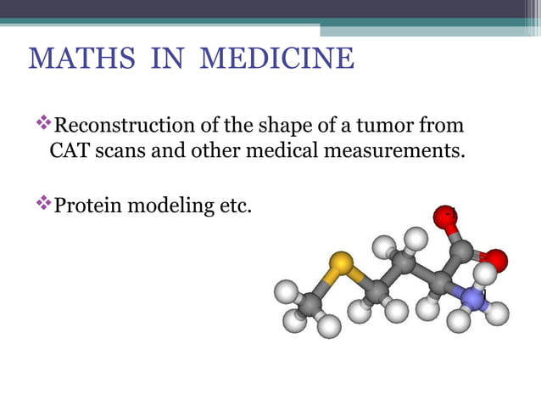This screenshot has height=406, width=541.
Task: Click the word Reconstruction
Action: coord(123,127)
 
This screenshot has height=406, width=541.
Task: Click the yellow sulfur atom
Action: coord(341,265)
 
